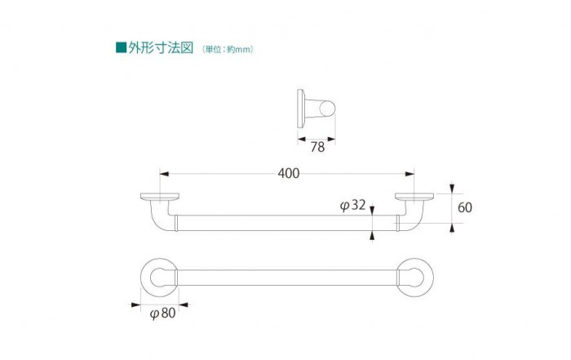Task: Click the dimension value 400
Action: click(x=289, y=173)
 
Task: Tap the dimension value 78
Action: click(x=317, y=147)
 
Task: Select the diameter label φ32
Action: click(x=352, y=205)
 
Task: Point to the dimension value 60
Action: click(x=465, y=207)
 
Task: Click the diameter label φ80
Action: click(x=163, y=313)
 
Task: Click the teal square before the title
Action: click(x=121, y=47)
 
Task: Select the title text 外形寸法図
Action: click(x=161, y=47)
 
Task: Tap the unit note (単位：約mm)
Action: click(x=228, y=49)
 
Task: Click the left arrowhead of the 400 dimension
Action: click(x=164, y=174)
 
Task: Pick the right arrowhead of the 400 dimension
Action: click(x=409, y=174)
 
